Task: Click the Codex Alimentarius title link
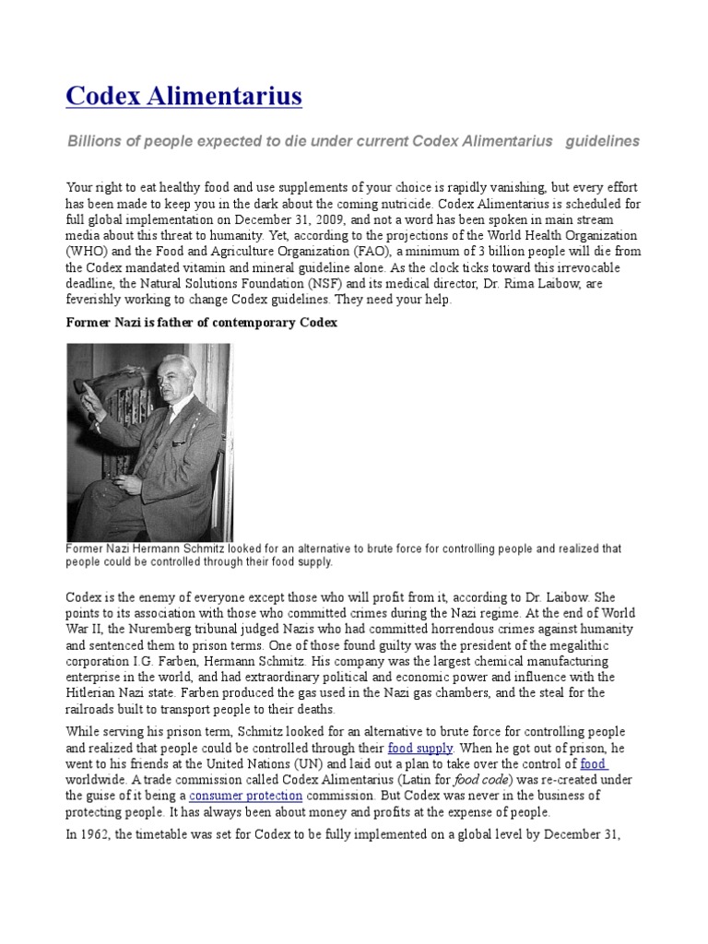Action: (x=184, y=96)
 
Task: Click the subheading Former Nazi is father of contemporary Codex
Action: (x=203, y=323)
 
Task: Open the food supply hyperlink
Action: (x=420, y=748)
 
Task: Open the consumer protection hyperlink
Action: (x=246, y=796)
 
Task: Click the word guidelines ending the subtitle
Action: (x=602, y=141)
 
